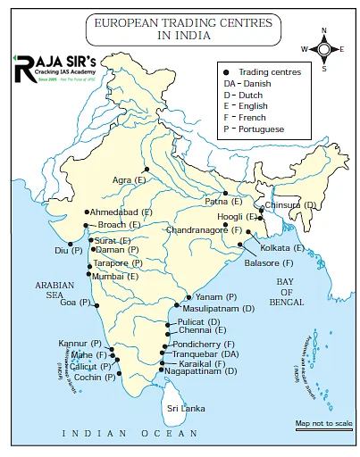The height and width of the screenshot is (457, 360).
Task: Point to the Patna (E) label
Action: point(223,202)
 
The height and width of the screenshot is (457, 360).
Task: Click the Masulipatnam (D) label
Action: point(218,308)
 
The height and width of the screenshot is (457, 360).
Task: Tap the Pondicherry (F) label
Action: point(203,345)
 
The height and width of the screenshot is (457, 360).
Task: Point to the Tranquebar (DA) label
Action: point(205,354)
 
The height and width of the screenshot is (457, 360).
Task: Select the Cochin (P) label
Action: point(95,377)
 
